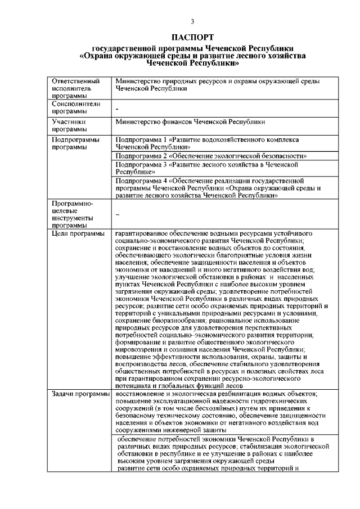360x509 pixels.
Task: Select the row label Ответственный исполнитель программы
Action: pyautogui.click(x=72, y=89)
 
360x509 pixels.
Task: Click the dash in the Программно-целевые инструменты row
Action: pyautogui.click(x=117, y=214)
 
